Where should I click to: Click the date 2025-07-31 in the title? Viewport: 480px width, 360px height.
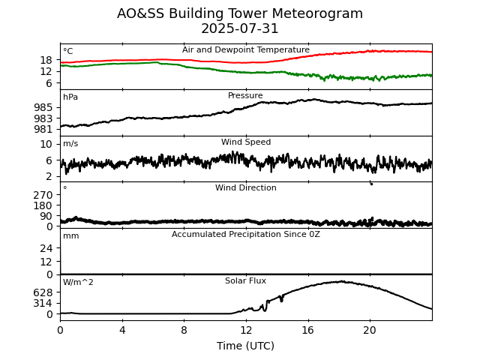(x=240, y=29)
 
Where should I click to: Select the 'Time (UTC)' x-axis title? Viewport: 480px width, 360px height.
(x=245, y=346)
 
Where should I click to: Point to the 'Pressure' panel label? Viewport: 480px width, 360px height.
(x=245, y=96)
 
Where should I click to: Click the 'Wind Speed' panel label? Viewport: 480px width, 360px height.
(x=246, y=142)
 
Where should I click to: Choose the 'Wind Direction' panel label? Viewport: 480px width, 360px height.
(x=246, y=188)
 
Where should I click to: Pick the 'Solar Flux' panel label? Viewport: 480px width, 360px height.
(x=245, y=281)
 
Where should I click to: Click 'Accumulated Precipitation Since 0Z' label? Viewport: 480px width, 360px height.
(x=246, y=235)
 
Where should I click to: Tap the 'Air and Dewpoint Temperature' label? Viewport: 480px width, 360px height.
(x=246, y=50)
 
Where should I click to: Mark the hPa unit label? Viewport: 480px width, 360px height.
(x=70, y=97)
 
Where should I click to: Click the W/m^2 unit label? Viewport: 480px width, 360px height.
(x=78, y=283)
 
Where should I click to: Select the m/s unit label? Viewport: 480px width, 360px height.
(x=70, y=144)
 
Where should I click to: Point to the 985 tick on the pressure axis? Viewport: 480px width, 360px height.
(x=43, y=107)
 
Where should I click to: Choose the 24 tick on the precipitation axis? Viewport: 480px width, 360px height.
(x=46, y=248)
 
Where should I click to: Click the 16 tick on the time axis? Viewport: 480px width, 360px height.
(x=307, y=330)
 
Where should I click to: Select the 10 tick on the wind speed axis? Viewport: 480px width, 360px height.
(x=46, y=144)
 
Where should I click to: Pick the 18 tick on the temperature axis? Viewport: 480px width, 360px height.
(x=46, y=60)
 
